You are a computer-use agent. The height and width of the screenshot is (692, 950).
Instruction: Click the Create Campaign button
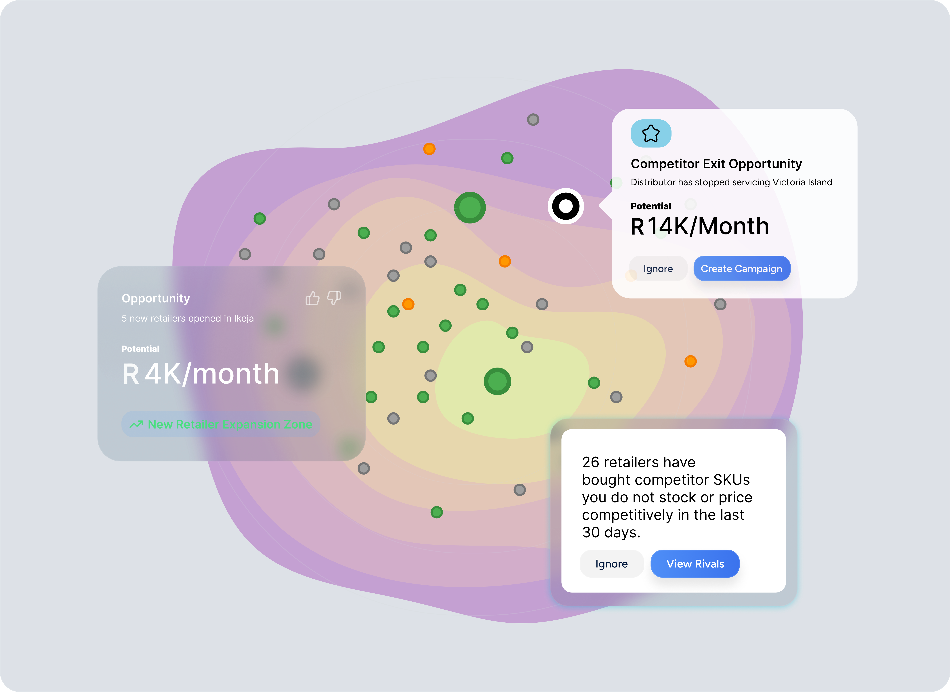[x=741, y=269]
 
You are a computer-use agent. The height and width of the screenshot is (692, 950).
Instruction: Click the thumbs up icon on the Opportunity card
[x=312, y=298]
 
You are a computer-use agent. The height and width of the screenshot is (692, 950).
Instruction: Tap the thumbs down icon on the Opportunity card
[x=334, y=298]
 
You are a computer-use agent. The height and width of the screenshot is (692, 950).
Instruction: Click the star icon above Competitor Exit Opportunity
[x=651, y=134]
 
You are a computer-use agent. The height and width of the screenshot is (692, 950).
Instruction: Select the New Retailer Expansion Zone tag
[x=221, y=424]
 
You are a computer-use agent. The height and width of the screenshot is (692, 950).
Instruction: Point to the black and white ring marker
[x=565, y=206]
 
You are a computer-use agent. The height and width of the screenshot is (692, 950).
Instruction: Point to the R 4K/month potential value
[x=200, y=374]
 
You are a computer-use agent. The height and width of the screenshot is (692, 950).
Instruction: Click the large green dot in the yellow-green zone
[x=497, y=381]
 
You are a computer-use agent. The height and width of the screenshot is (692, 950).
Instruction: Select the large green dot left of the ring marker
[x=470, y=207]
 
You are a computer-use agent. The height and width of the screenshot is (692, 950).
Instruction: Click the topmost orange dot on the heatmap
[x=429, y=149]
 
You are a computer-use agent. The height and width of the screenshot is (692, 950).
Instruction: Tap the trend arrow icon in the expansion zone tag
[x=136, y=424]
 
